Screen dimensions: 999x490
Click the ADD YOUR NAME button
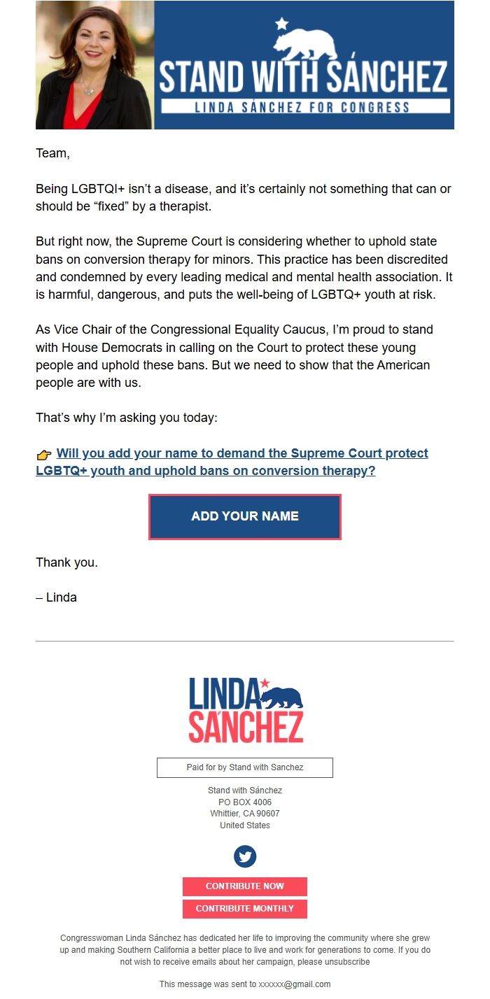click(245, 516)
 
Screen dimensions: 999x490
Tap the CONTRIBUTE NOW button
click(245, 886)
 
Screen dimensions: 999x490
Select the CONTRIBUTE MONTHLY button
click(245, 909)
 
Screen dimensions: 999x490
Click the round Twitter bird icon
click(245, 856)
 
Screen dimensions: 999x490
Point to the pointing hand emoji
click(44, 455)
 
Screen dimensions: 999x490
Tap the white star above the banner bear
click(282, 24)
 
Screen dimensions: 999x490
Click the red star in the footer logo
click(265, 683)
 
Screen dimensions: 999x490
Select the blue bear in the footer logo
click(282, 697)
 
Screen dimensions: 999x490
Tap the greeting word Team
click(52, 153)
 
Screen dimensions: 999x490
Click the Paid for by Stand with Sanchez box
click(245, 767)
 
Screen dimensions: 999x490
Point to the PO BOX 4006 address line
click(245, 802)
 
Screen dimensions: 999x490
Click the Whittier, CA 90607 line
click(245, 814)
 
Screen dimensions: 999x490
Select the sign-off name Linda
click(61, 597)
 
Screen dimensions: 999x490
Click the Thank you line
click(66, 562)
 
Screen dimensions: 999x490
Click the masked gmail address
click(294, 984)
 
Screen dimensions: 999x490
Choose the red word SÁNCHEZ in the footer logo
click(246, 728)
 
